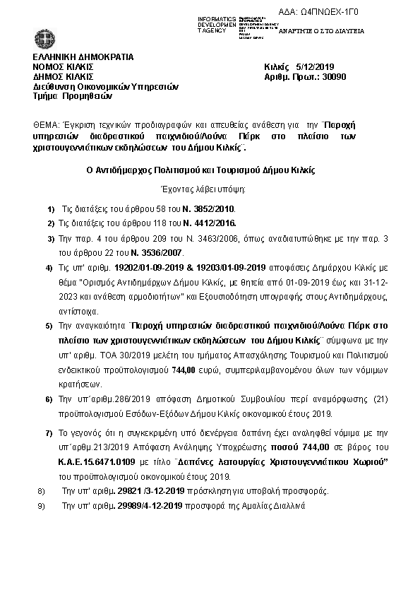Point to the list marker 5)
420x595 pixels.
(x=49, y=326)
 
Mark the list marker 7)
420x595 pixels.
(x=49, y=432)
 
